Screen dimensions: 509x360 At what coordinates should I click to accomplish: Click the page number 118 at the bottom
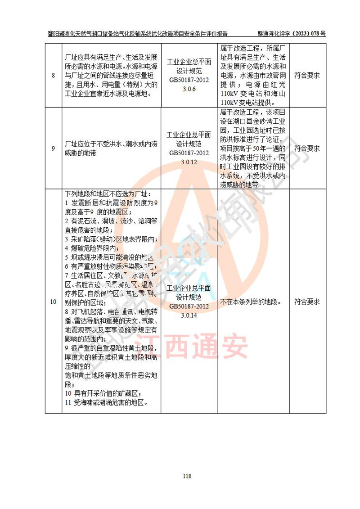(188, 477)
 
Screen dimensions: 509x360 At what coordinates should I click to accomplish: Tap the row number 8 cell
(53, 75)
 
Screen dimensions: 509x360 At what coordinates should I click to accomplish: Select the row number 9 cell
(53, 149)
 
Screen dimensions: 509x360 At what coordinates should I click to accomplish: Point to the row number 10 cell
(53, 302)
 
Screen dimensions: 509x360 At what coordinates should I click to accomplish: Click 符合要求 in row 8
(307, 75)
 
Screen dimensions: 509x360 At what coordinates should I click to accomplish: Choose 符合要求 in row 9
(307, 148)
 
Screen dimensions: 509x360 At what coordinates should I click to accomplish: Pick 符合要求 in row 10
(307, 302)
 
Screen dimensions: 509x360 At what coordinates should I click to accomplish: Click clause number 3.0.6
(189, 90)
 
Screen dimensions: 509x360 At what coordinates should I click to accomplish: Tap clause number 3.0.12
(189, 162)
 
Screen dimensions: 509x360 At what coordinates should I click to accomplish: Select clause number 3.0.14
(189, 315)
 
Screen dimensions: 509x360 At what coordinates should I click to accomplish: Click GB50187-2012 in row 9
(189, 153)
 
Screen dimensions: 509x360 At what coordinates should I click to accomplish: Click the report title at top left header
(138, 33)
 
